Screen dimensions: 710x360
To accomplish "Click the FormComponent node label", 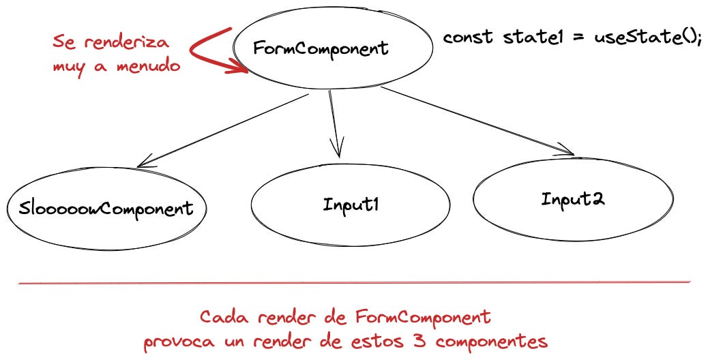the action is pos(321,48).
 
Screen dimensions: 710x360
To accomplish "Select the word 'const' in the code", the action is pos(468,37).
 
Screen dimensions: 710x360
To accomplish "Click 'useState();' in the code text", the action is pos(645,37).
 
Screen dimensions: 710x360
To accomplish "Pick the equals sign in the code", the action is pos(577,37).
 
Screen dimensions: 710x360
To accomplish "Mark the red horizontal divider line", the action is pos(355,282).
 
